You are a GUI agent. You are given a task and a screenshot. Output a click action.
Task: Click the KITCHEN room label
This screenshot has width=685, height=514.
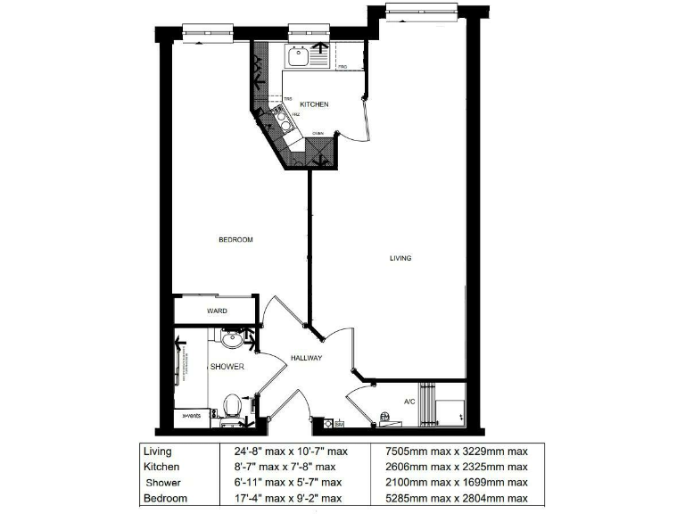click(314, 104)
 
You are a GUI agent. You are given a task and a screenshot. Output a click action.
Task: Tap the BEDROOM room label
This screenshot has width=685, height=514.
click(236, 240)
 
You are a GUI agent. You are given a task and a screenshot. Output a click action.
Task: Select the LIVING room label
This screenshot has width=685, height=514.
click(400, 259)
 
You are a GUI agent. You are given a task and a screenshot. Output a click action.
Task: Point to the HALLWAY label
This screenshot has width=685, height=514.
click(306, 358)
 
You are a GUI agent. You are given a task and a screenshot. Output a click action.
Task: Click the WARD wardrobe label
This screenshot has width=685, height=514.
click(217, 311)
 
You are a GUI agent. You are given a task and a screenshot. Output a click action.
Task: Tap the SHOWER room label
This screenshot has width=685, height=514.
click(227, 367)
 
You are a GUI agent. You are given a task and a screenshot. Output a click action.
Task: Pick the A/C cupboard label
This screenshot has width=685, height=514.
click(409, 402)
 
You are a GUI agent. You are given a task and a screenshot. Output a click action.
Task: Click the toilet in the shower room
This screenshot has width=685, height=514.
click(233, 405)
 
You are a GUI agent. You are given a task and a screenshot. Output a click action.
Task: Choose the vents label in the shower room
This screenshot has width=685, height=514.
click(192, 416)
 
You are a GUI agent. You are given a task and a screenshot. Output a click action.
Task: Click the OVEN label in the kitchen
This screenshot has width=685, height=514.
click(318, 135)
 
